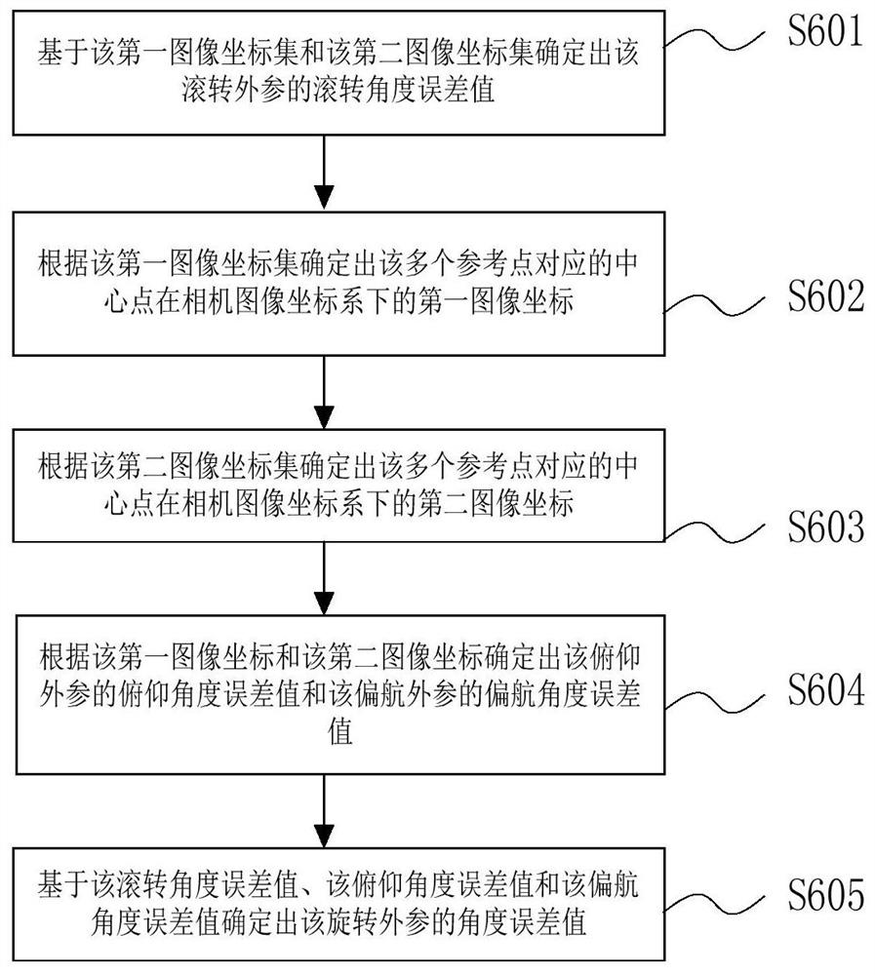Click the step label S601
(x=825, y=30)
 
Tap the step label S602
(x=826, y=295)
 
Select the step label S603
(x=826, y=526)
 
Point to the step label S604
(x=826, y=689)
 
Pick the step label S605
(x=826, y=894)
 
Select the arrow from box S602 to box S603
(x=324, y=392)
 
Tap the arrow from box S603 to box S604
(x=324, y=578)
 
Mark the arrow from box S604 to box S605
(x=324, y=811)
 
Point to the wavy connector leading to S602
(x=714, y=305)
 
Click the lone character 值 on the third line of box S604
(x=339, y=731)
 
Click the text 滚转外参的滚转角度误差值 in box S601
(x=338, y=90)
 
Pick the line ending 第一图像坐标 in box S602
(x=338, y=302)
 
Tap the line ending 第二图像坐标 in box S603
(x=338, y=502)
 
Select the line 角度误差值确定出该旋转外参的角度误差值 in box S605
(x=338, y=922)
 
